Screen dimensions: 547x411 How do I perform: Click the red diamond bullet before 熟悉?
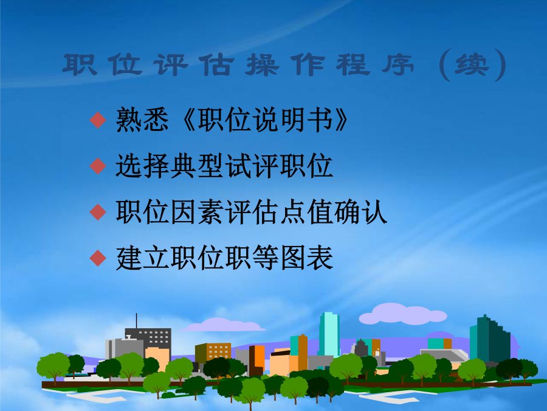[98, 120]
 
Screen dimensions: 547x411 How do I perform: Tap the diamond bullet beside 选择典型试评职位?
[98, 166]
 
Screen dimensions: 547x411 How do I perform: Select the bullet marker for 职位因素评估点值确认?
[98, 212]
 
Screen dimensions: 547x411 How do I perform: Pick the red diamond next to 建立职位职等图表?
[98, 258]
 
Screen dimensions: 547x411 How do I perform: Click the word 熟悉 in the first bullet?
[142, 120]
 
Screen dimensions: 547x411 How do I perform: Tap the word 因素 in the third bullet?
[197, 212]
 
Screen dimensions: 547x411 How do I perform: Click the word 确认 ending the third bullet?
[360, 212]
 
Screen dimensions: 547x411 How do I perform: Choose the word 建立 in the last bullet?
[142, 258]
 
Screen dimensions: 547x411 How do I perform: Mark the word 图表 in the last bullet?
[306, 258]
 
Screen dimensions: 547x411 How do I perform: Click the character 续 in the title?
[472, 65]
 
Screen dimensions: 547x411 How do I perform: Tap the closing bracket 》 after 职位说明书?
[341, 120]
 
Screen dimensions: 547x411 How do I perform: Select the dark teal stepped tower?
[490, 339]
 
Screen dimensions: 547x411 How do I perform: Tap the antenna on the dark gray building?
[136, 321]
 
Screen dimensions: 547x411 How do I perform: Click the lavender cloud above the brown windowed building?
[223, 325]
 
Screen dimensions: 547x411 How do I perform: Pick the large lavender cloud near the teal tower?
[403, 314]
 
